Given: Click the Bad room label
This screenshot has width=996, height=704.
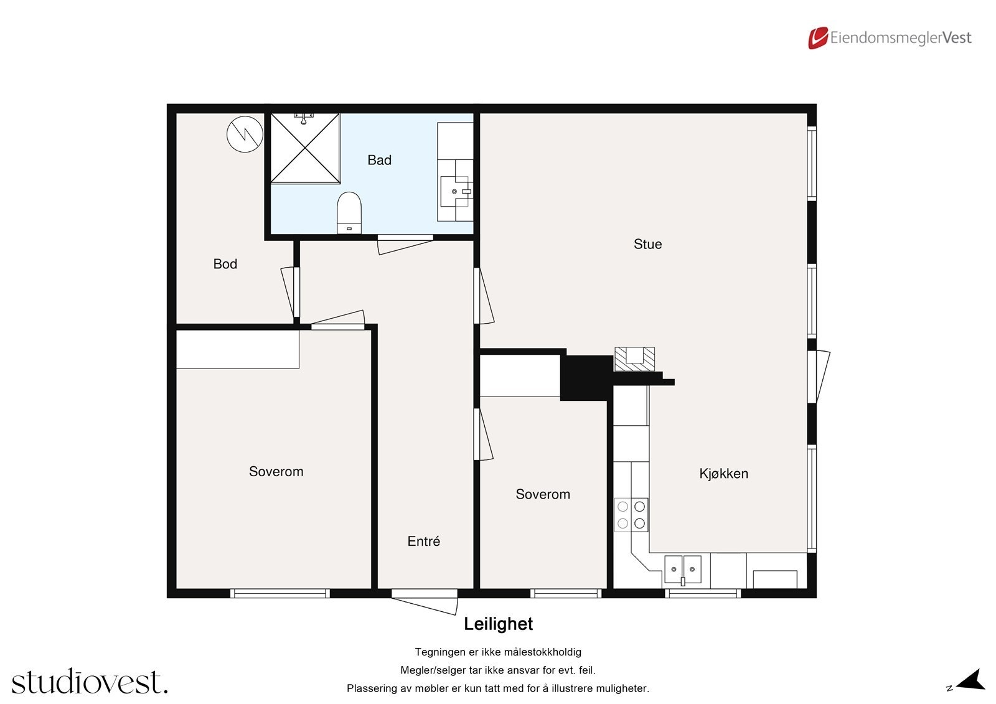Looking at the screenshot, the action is tap(379, 160).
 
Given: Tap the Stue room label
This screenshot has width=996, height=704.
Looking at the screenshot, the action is tap(647, 244).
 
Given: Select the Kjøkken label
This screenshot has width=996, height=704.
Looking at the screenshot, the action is tap(723, 474).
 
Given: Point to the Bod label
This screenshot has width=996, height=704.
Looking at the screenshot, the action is tap(225, 264).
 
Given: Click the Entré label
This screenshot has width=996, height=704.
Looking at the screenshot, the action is tap(423, 542).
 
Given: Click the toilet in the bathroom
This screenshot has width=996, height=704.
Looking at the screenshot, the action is tap(349, 213).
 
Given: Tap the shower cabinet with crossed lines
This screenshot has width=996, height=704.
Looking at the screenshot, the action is tap(305, 148).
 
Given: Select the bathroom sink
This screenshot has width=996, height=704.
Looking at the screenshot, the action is tap(455, 191).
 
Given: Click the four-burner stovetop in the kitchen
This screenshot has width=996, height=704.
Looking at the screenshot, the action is tap(631, 515).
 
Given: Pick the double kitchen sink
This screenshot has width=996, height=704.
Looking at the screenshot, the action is tap(683, 570).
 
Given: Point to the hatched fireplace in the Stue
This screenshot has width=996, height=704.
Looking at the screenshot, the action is tap(634, 359).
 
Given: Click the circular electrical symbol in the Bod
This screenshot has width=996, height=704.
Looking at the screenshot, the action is tap(245, 134).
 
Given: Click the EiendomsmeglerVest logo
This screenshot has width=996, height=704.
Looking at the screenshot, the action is tap(890, 38).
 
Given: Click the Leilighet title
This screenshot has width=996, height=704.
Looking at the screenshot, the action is tap(498, 624).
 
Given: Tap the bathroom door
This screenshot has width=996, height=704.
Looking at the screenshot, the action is tap(405, 245).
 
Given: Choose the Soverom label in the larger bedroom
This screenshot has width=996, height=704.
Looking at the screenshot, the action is tap(276, 471).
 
